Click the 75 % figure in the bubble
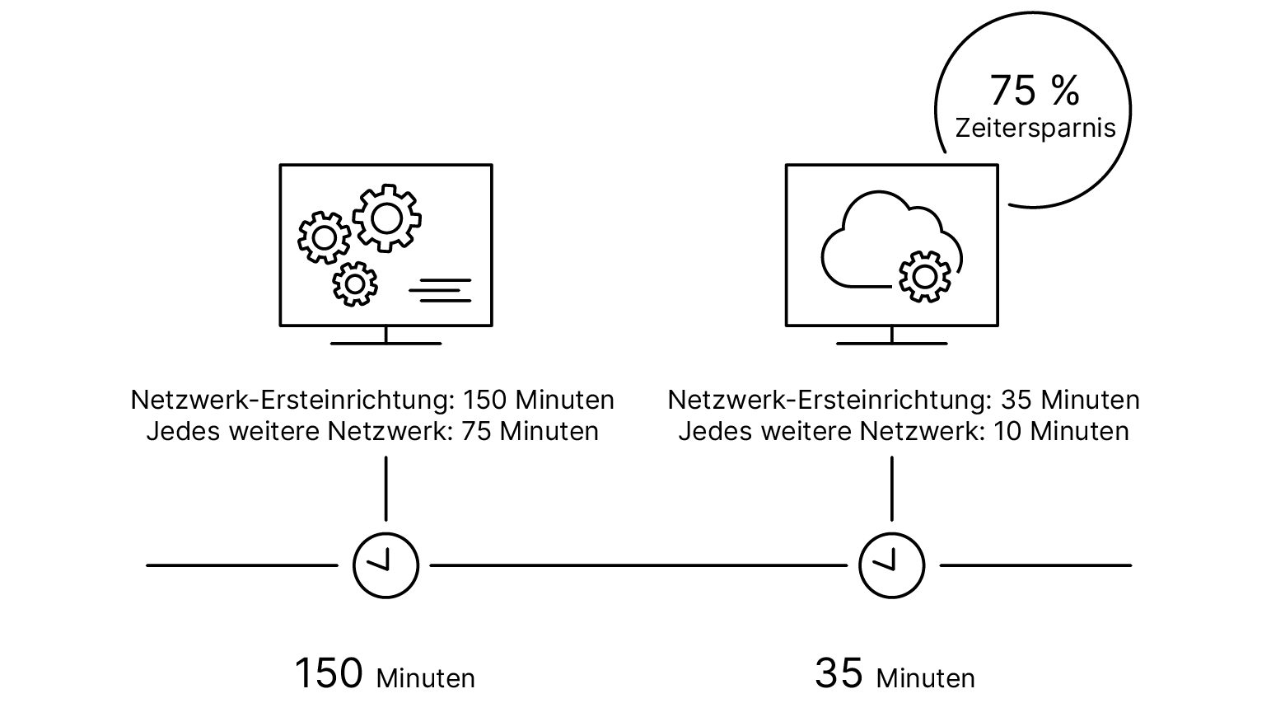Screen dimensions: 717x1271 (x=1034, y=90)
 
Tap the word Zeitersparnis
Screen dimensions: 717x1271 (x=1035, y=129)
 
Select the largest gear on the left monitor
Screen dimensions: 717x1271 (x=387, y=218)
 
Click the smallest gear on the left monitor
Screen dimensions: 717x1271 (x=355, y=284)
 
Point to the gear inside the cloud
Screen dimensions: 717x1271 (x=924, y=275)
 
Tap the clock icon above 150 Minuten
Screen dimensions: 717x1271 (x=386, y=565)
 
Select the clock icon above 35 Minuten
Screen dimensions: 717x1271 (x=891, y=565)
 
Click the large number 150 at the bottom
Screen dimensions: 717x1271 (x=329, y=673)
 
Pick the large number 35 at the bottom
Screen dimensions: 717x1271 (x=839, y=673)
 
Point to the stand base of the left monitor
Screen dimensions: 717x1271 (x=386, y=343)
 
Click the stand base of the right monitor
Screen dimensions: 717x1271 (x=891, y=343)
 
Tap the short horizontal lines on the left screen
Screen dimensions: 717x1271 (x=441, y=290)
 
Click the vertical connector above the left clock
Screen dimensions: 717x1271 (x=386, y=488)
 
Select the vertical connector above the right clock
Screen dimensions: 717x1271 (x=891, y=488)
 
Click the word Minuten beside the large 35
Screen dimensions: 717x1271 (x=925, y=678)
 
